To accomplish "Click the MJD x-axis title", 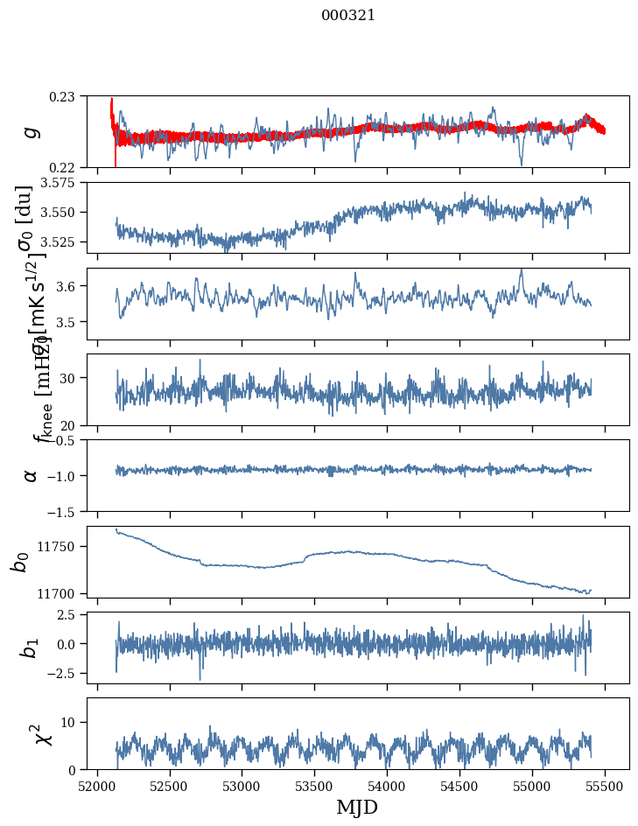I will tap(357, 808).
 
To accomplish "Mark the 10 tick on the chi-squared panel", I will tap(71, 722).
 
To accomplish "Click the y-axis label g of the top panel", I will tap(31, 131).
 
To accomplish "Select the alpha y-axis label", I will tap(31, 475).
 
